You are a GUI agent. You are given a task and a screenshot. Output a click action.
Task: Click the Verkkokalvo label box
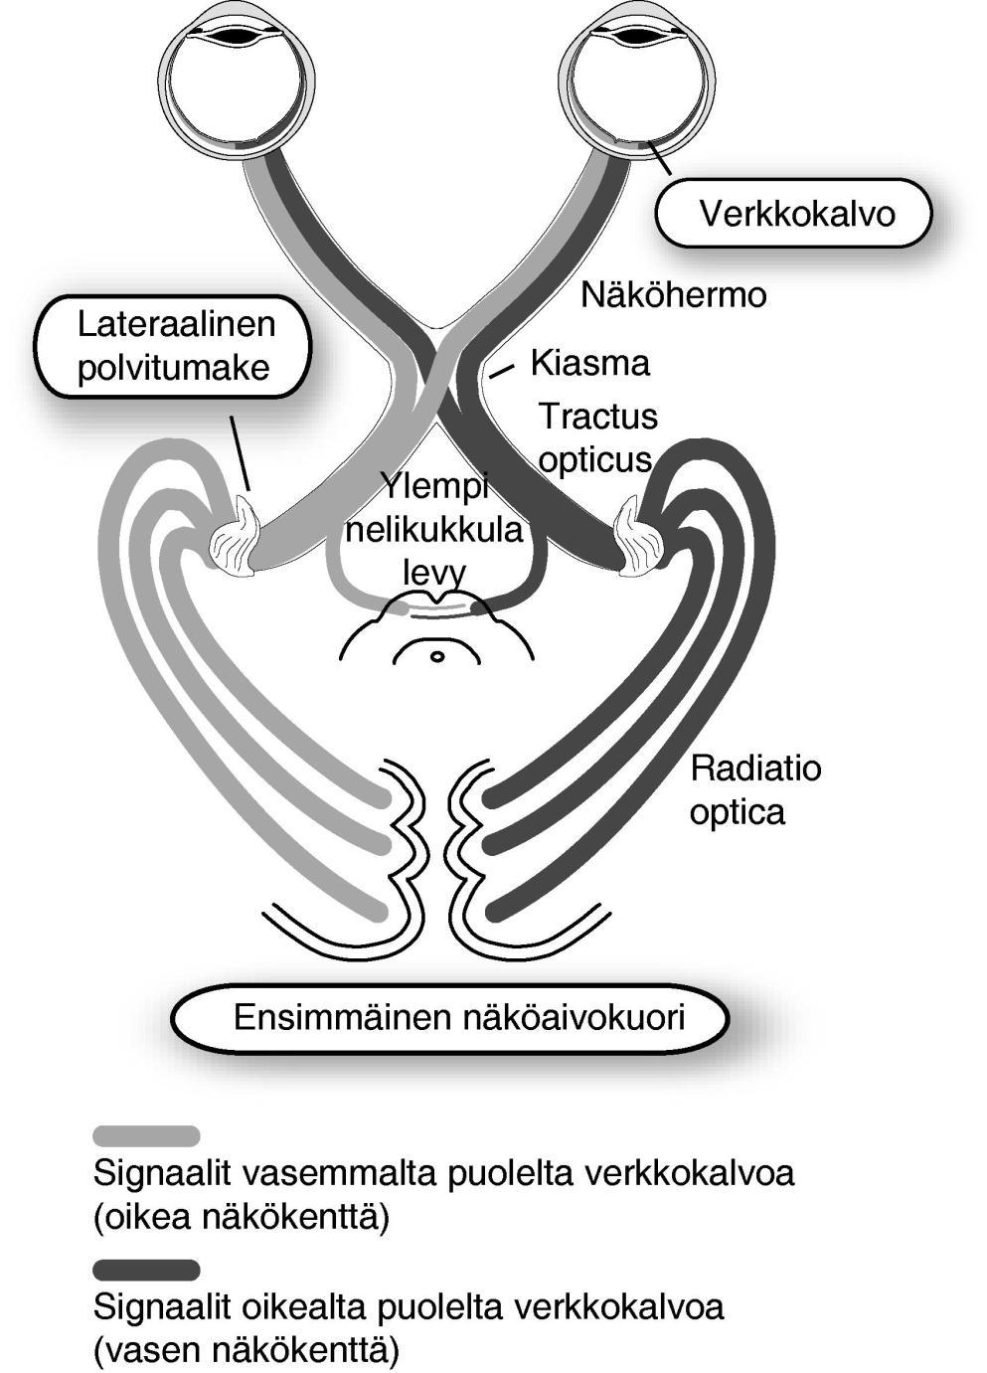[793, 213]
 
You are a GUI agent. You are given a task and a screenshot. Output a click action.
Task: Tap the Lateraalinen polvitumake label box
[175, 347]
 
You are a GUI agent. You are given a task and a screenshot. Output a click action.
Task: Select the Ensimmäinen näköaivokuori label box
[450, 1019]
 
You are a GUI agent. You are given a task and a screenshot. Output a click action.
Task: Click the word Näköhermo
[673, 295]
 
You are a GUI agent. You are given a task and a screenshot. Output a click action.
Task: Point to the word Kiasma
[590, 363]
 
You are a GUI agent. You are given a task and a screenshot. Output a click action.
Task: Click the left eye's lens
[239, 36]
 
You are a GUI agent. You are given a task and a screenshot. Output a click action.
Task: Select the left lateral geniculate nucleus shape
[235, 537]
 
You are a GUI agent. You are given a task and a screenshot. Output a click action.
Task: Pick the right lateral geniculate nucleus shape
[638, 537]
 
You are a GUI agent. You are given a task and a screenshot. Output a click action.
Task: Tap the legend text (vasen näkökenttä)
[247, 1348]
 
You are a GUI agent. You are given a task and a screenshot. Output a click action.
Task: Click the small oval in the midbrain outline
[436, 657]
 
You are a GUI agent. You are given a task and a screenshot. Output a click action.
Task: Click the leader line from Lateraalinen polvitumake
[241, 452]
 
